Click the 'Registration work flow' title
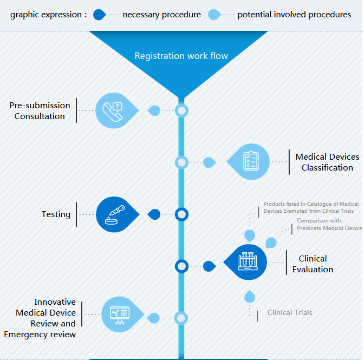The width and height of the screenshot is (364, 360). [x=181, y=56]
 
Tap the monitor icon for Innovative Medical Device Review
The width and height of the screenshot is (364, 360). [x=119, y=314]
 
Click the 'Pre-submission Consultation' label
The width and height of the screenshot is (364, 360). [x=40, y=110]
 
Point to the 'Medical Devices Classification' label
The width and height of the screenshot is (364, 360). [x=327, y=162]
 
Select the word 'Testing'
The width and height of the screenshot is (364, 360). [x=56, y=214]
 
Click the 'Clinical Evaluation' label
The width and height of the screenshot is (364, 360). [x=313, y=264]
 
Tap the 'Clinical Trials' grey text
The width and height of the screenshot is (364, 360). [x=290, y=312]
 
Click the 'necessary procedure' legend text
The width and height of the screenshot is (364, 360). [x=161, y=15]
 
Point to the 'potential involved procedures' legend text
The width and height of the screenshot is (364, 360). [x=294, y=15]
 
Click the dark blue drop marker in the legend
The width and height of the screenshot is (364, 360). [x=99, y=15]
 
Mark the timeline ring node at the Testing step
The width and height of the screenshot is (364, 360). [x=182, y=214]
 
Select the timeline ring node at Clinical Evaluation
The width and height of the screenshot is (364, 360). [x=182, y=266]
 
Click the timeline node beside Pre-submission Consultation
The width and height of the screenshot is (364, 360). [x=182, y=111]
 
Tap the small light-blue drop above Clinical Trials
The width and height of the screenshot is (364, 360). [x=250, y=296]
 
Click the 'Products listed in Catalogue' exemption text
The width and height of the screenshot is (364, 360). [x=310, y=207]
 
